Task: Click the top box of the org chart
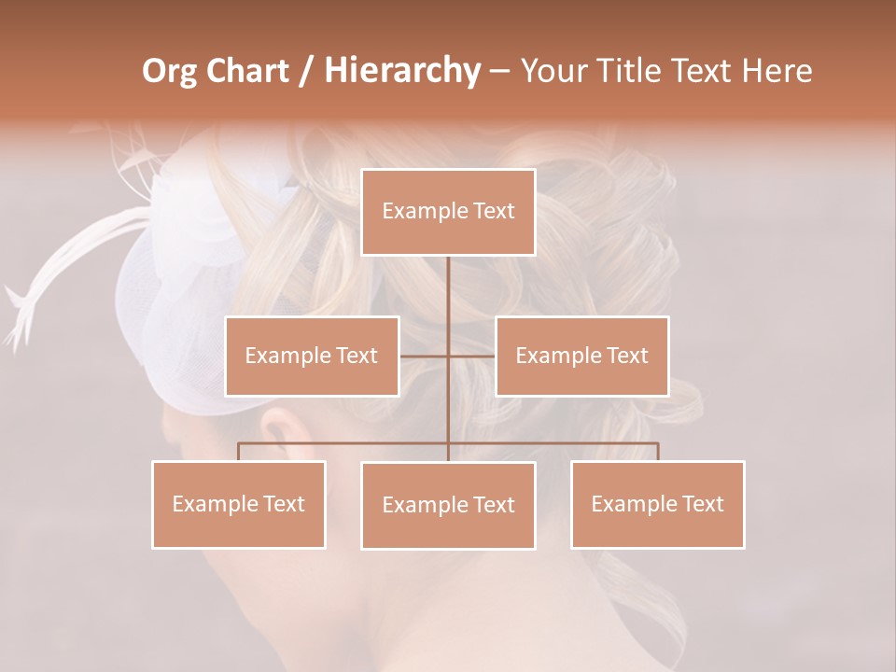pos(448,212)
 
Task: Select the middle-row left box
pos(312,356)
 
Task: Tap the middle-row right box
pos(581,356)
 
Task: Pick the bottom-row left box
pos(239,504)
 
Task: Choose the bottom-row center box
pos(448,505)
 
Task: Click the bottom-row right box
pos(657,504)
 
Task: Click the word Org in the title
pos(169,71)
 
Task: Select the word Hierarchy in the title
pos(401,71)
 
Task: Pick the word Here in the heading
pos(776,71)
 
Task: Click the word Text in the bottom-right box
pos(702,504)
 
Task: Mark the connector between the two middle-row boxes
pos(448,356)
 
